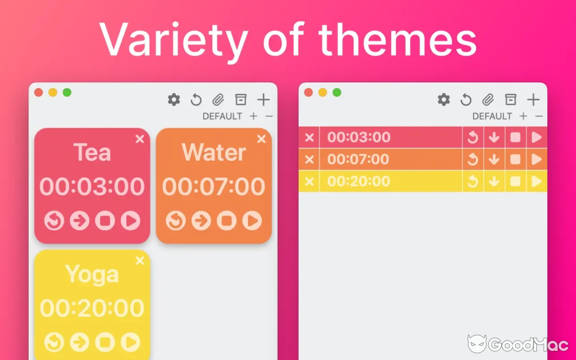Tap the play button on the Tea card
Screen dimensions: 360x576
(130, 220)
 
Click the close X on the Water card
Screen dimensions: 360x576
(261, 139)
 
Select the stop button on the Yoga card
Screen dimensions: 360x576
(105, 342)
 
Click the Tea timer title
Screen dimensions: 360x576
(92, 152)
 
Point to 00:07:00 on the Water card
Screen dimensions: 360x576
(214, 186)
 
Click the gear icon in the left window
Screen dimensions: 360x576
(174, 99)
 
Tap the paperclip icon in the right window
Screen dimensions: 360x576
(488, 99)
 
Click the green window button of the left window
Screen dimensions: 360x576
(67, 92)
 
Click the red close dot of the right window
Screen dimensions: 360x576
(308, 92)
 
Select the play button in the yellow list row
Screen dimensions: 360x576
(536, 181)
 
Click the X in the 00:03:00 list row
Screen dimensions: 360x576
(309, 137)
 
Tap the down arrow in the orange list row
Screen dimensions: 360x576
(494, 159)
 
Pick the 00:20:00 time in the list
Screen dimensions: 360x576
(359, 181)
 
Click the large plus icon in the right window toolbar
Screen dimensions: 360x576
(533, 99)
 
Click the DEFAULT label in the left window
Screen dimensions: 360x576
(222, 116)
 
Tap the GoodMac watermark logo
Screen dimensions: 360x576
(477, 344)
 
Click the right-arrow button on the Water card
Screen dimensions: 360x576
(201, 220)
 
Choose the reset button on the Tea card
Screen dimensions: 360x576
(54, 220)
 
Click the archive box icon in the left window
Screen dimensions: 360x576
(241, 99)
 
